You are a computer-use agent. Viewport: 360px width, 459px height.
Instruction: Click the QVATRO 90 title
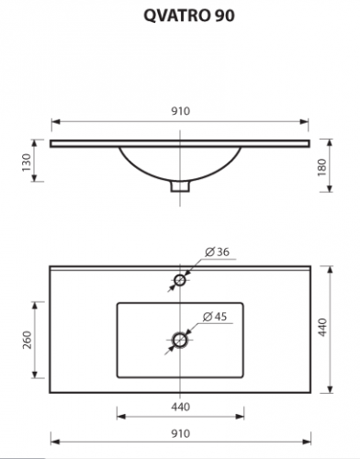[x=189, y=16]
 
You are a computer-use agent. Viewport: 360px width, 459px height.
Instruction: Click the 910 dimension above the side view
[x=181, y=111]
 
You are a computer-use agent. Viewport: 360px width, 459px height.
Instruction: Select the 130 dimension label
[x=27, y=162]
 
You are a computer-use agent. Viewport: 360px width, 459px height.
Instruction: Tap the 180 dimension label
[x=322, y=167]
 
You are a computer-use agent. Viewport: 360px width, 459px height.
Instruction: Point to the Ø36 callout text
[x=218, y=252]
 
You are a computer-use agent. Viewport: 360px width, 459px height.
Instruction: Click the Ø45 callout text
[x=215, y=317]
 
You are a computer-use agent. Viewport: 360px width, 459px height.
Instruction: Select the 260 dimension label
[x=27, y=340]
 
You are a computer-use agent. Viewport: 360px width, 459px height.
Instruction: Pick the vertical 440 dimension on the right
[x=322, y=328]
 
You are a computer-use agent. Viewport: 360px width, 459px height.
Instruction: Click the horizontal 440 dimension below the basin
[x=181, y=407]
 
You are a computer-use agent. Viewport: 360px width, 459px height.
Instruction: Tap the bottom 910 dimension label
[x=181, y=433]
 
